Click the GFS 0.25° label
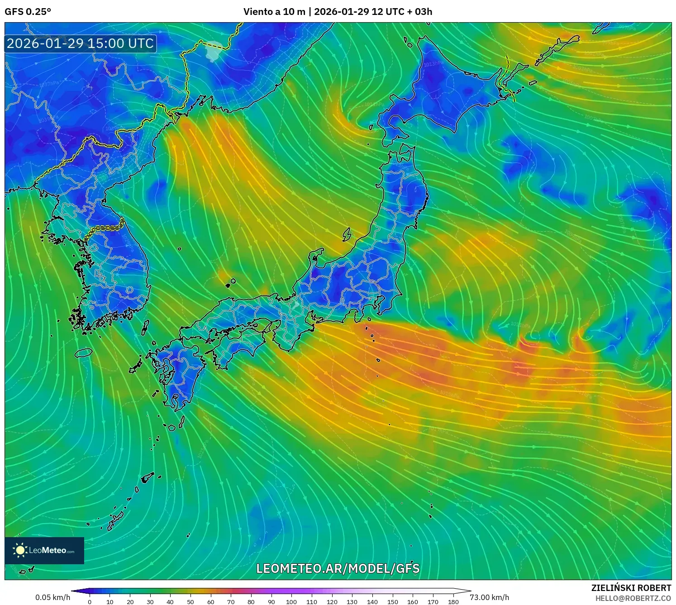(28, 12)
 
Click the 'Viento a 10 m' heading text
(274, 12)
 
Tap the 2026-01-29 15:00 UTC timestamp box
(81, 43)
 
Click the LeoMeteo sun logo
(20, 550)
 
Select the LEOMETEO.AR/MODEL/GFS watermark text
(338, 568)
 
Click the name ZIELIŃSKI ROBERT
(631, 588)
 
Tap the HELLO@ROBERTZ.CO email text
(633, 598)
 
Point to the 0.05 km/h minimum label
(53, 597)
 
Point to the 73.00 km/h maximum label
(490, 597)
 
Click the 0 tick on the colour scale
(90, 602)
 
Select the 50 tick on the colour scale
(190, 602)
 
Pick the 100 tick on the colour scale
(291, 602)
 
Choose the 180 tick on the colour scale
(453, 602)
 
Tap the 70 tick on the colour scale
(231, 602)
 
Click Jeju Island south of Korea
(84, 352)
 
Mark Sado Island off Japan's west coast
(347, 234)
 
